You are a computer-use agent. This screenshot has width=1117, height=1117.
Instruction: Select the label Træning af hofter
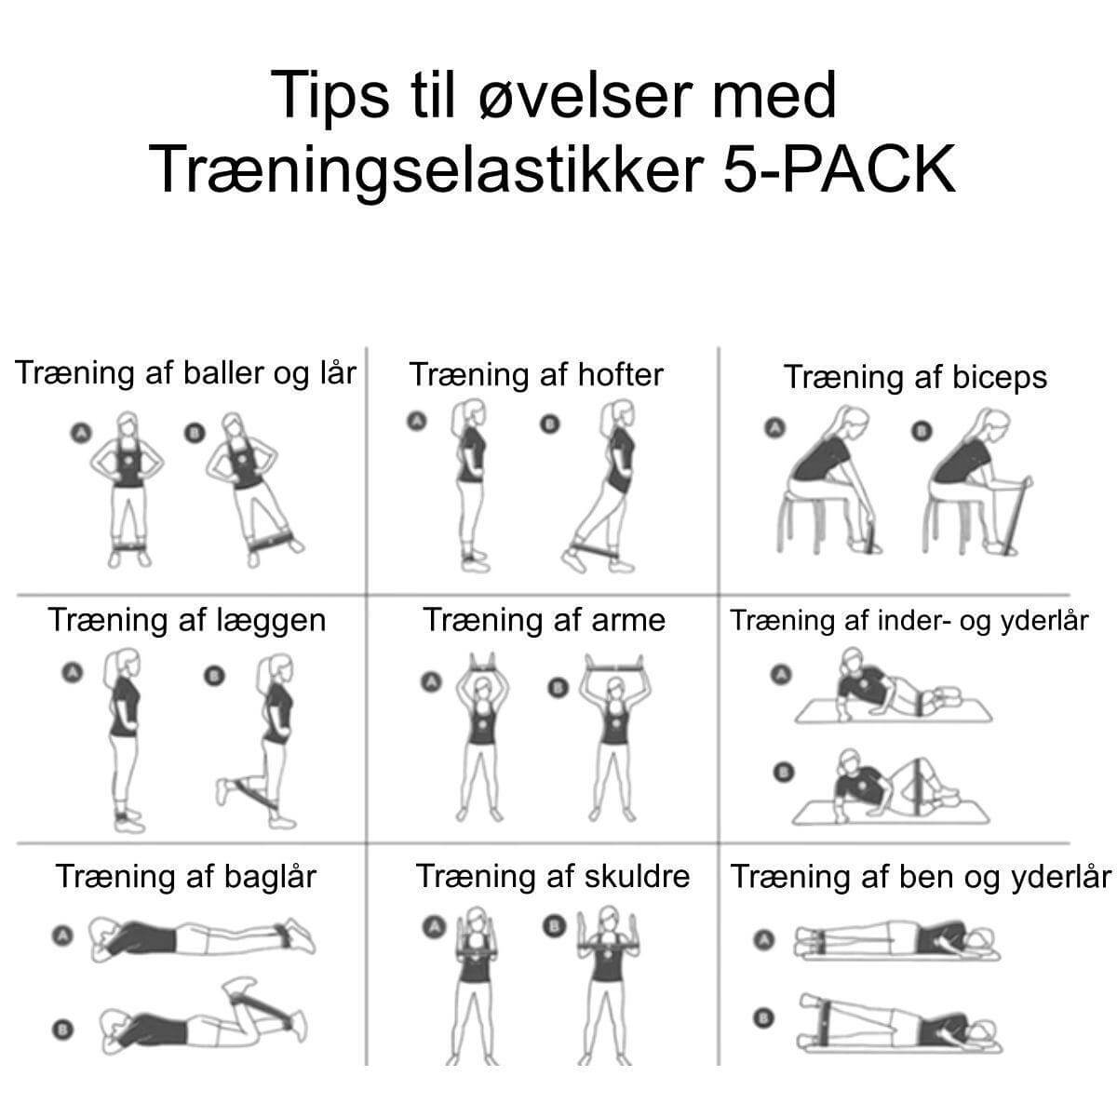coord(536,375)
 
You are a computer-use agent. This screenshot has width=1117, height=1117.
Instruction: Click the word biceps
coord(1000,377)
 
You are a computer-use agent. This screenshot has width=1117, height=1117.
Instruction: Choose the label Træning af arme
coord(545,620)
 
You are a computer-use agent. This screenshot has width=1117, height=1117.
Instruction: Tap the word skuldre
coord(637,876)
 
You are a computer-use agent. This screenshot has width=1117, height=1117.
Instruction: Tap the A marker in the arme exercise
coord(430,683)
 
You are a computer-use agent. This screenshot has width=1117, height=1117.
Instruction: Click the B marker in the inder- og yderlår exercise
coord(784,771)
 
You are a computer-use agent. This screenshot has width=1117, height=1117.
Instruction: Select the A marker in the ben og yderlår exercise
coord(765,940)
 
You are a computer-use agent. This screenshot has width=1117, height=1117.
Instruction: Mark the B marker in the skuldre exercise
coord(555,926)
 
